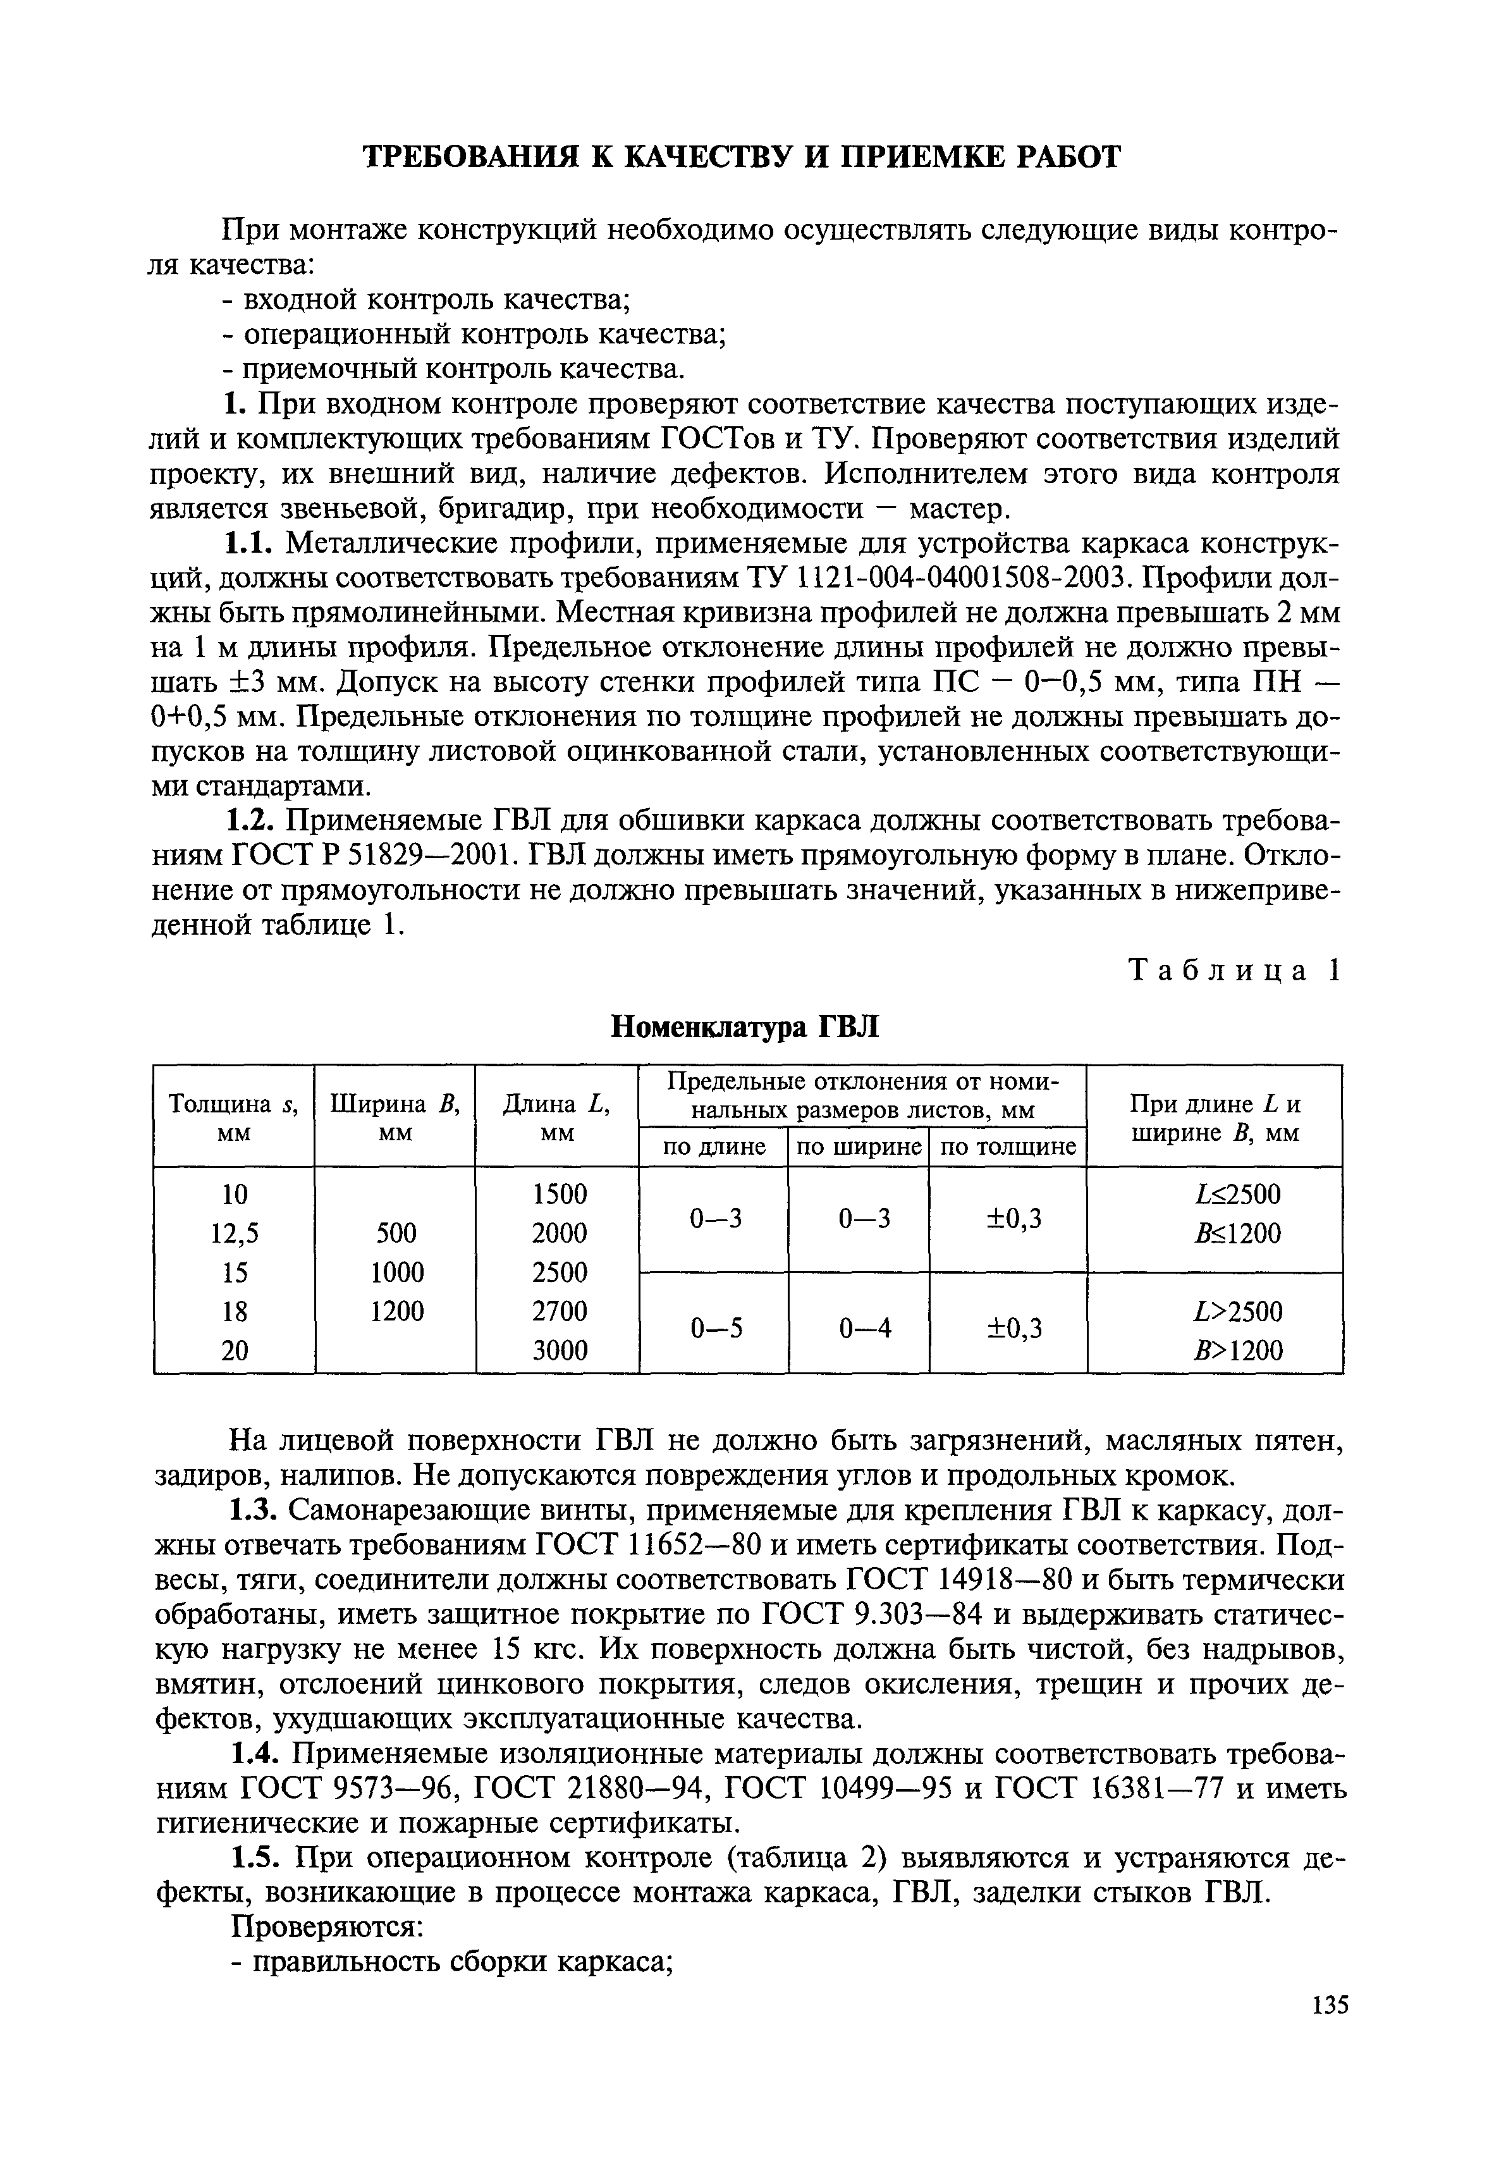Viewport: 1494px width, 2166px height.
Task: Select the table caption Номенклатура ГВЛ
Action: click(745, 1027)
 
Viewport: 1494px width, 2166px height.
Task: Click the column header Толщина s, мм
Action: click(234, 1117)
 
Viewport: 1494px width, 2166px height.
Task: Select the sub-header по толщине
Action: click(1008, 1147)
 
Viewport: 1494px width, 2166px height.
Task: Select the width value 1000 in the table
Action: click(397, 1272)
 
